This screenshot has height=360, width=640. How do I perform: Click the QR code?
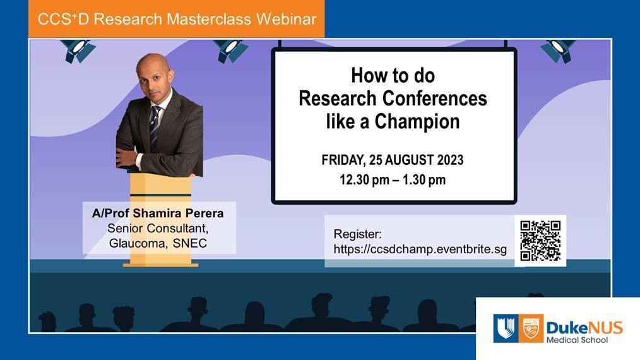point(540,241)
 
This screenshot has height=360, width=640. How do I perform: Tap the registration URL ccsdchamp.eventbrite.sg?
point(420,249)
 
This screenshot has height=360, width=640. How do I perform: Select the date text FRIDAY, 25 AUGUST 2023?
point(393,160)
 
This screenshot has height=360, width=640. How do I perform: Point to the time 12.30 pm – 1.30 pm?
point(393,179)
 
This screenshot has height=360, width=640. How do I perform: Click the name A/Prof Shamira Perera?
point(158,213)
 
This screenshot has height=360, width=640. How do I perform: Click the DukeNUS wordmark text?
point(584,327)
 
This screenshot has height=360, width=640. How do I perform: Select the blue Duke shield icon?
point(504,328)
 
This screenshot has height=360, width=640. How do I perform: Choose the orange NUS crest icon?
point(531,328)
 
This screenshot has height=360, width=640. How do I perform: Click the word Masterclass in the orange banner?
point(211,19)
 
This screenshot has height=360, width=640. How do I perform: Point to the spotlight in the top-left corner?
point(77,50)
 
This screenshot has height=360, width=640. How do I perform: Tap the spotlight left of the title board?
point(230,51)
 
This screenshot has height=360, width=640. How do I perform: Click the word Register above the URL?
point(358,234)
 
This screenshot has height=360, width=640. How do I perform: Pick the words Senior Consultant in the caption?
point(158,229)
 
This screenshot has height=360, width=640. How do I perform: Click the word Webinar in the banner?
point(286,19)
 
